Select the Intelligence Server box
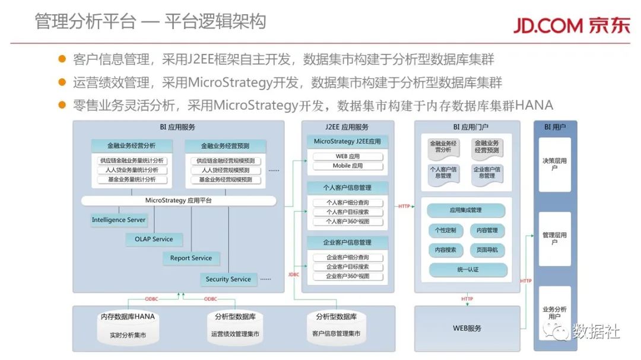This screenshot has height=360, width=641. click(119, 220)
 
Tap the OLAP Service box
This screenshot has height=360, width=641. click(154, 240)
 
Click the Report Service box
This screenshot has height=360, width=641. click(191, 259)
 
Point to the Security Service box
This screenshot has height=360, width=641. click(228, 279)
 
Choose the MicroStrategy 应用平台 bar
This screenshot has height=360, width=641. click(178, 201)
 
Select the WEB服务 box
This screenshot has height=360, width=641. click(467, 328)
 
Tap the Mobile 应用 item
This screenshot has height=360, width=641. click(347, 166)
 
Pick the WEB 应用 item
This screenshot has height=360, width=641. click(347, 157)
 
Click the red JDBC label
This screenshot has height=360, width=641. click(294, 275)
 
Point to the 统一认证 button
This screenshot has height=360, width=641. click(468, 270)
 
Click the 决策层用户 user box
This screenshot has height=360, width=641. click(554, 164)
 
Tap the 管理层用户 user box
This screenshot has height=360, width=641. click(554, 238)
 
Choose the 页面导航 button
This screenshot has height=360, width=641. click(487, 250)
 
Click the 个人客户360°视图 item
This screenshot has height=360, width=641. click(347, 222)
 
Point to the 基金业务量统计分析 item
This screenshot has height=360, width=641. click(132, 180)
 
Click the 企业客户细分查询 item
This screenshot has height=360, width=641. click(347, 257)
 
